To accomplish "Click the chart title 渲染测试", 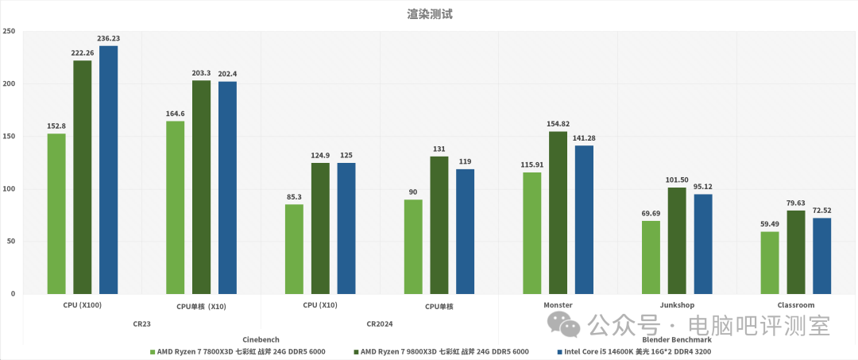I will (x=429, y=14).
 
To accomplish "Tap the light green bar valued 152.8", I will (x=56, y=214).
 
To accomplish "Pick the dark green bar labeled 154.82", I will (x=558, y=212).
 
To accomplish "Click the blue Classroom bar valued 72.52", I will (x=821, y=256).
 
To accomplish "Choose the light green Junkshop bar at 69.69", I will (x=651, y=257).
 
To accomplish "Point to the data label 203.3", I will (x=201, y=73).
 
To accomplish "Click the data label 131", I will (x=439, y=149).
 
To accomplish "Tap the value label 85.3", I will (x=294, y=196).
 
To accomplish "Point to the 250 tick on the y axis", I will (x=9, y=32).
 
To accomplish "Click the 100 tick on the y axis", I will (x=9, y=189).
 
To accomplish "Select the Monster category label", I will (x=558, y=305).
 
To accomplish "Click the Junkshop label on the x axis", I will (x=677, y=305).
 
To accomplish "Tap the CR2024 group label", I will (x=380, y=323).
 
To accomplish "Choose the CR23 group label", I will (x=142, y=323).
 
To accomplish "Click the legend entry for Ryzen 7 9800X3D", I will (x=445, y=351).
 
